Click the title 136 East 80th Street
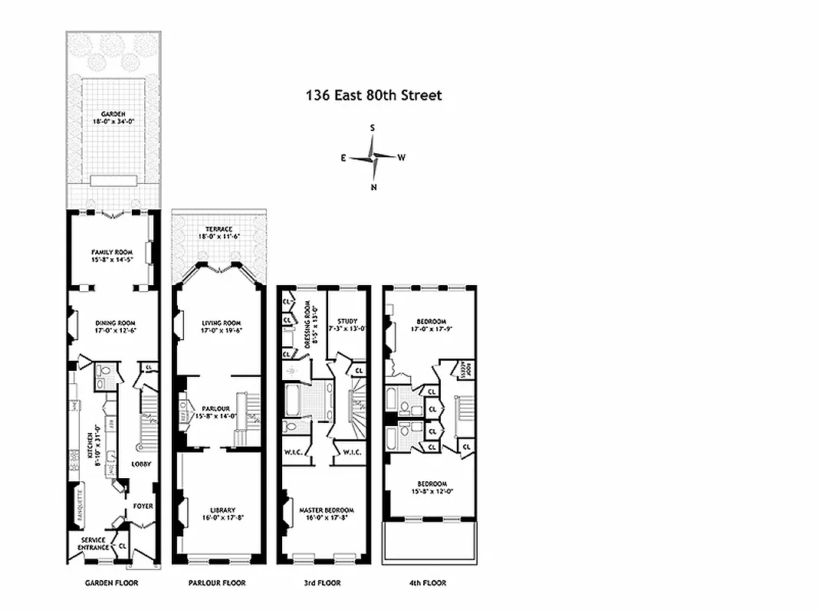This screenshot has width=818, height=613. (x=373, y=96)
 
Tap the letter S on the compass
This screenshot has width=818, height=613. (x=373, y=129)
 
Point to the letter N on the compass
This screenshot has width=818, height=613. (x=373, y=187)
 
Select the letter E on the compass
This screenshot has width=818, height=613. (x=344, y=158)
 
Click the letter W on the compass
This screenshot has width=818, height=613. (x=401, y=158)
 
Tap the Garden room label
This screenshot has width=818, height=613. (x=113, y=114)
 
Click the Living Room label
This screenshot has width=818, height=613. (x=222, y=323)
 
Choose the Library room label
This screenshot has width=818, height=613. (x=222, y=510)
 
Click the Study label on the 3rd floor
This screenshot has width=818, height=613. (x=347, y=321)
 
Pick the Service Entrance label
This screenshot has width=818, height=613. (x=92, y=543)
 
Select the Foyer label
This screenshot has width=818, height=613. (x=143, y=506)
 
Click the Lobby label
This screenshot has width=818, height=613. (x=141, y=464)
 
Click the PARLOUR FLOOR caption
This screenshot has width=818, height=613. (x=217, y=583)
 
